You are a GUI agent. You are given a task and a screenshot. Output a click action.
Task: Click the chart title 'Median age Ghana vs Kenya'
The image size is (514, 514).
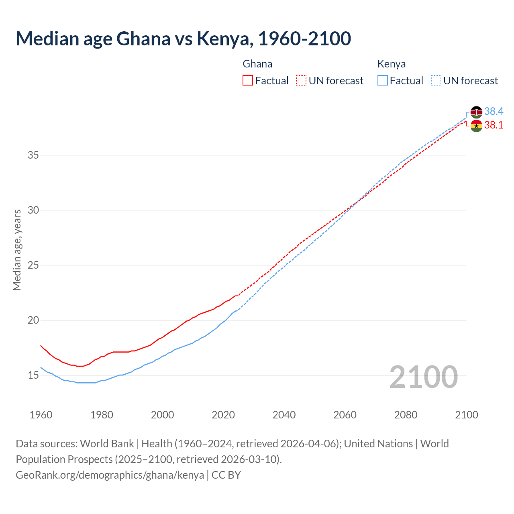(183, 39)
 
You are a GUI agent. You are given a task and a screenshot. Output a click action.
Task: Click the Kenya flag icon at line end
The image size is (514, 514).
(476, 112)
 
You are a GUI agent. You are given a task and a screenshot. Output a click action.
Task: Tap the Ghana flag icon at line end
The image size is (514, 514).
(476, 126)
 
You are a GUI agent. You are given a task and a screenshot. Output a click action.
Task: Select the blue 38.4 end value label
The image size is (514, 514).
(494, 111)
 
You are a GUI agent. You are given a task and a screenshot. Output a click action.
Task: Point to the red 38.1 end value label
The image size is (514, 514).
(494, 125)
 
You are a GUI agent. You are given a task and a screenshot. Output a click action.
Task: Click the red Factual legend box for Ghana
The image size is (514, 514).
(248, 81)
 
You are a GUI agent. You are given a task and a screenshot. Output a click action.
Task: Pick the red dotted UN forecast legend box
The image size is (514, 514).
(301, 81)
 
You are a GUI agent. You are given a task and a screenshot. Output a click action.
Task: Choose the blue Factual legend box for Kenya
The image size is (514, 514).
(382, 81)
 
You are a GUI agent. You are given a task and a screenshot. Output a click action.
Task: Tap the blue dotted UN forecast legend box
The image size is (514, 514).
(436, 81)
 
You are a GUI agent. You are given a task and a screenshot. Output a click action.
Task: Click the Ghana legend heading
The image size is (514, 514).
(257, 64)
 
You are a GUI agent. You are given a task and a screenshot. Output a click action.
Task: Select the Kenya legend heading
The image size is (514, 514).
(392, 64)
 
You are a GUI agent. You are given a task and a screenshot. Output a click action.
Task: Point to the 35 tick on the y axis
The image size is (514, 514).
(33, 155)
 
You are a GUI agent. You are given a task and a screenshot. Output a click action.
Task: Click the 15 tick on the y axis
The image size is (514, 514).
(33, 375)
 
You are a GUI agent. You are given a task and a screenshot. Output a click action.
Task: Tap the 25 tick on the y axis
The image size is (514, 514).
(33, 265)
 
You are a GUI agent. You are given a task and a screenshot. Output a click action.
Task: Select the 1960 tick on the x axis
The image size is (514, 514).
(41, 415)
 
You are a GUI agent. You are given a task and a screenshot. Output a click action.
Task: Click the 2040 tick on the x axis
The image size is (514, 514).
(284, 415)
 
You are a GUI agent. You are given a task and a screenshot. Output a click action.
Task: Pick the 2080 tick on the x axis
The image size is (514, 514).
(406, 415)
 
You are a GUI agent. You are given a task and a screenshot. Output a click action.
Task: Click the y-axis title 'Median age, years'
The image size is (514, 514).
(17, 250)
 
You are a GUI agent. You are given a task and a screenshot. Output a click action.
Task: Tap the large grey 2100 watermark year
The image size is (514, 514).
(423, 377)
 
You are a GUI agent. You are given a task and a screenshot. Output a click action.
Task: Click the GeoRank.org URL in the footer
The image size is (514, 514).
(110, 475)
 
